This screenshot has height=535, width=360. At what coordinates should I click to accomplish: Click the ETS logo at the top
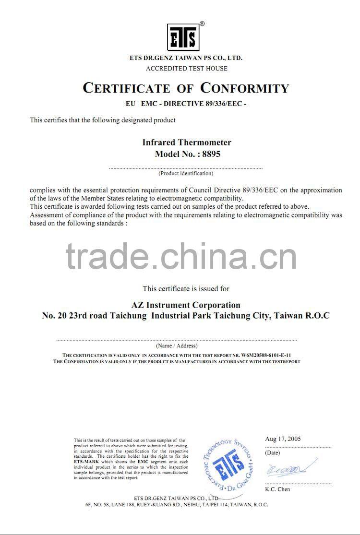click(182, 37)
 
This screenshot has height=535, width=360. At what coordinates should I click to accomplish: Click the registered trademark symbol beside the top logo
click(202, 24)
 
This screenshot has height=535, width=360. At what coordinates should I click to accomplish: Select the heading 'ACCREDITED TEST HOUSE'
click(187, 68)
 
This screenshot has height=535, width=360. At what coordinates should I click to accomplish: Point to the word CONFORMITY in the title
click(245, 88)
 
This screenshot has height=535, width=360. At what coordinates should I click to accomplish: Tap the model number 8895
click(210, 154)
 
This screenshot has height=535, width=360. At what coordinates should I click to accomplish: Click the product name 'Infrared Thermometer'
click(187, 143)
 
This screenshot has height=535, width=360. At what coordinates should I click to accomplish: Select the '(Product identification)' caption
click(186, 173)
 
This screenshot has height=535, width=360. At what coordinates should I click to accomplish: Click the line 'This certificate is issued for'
click(186, 289)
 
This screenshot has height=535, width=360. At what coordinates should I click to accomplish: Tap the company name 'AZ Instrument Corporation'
click(186, 305)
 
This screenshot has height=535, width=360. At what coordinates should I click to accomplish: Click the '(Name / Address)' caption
click(177, 345)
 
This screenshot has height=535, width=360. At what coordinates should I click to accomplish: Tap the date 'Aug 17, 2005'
click(283, 439)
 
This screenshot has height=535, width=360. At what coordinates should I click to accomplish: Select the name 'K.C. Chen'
click(277, 489)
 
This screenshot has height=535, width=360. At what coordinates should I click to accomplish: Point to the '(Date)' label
click(272, 452)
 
